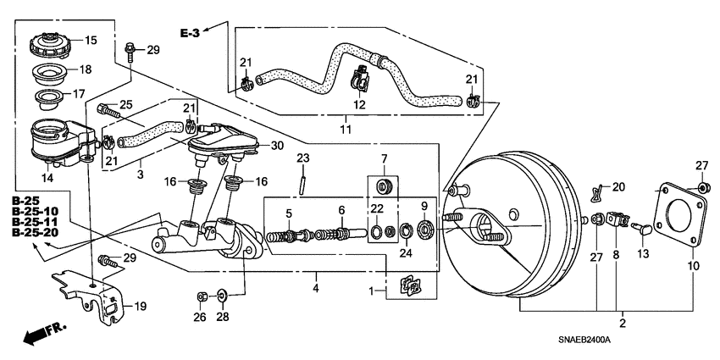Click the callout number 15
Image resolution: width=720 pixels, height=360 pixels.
click(x=91, y=40)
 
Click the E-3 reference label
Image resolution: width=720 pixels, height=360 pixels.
click(x=192, y=33)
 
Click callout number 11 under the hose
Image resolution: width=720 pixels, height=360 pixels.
click(x=346, y=129)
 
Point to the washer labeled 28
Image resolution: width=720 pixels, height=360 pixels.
click(x=221, y=296)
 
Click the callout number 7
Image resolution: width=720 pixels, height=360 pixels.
click(x=383, y=159)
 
